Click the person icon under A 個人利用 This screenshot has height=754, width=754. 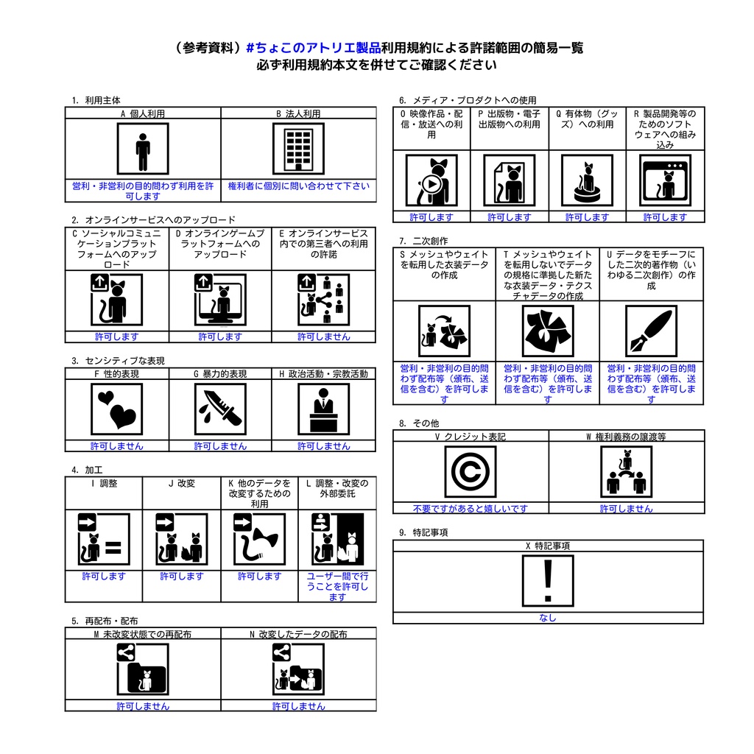pos(143,149)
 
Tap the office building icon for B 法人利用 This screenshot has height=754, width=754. pos(298,149)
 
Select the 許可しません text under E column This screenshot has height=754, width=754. pos(324,337)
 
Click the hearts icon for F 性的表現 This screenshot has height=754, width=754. pos(117,409)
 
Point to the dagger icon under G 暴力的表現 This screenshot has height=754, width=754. pos(220,409)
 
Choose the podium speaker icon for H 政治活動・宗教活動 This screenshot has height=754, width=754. pos(324,409)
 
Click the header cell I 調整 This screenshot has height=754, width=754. pos(104,484)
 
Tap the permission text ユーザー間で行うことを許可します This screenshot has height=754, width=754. pos(337,586)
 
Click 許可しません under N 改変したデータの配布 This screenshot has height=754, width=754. pos(298,706)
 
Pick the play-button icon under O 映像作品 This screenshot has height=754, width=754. pos(431,181)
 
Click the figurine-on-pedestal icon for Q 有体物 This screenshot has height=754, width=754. pos(587,181)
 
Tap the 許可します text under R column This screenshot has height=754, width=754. pos(665,217)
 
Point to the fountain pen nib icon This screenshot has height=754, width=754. pos(651,331)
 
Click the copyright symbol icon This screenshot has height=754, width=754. pos(471,472)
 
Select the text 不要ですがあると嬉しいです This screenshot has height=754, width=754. pos(471,509)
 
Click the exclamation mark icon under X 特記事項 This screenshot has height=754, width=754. pos(548,581)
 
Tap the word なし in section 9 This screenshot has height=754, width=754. pos(548,619)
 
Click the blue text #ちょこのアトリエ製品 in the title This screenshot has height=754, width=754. pos(313,48)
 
